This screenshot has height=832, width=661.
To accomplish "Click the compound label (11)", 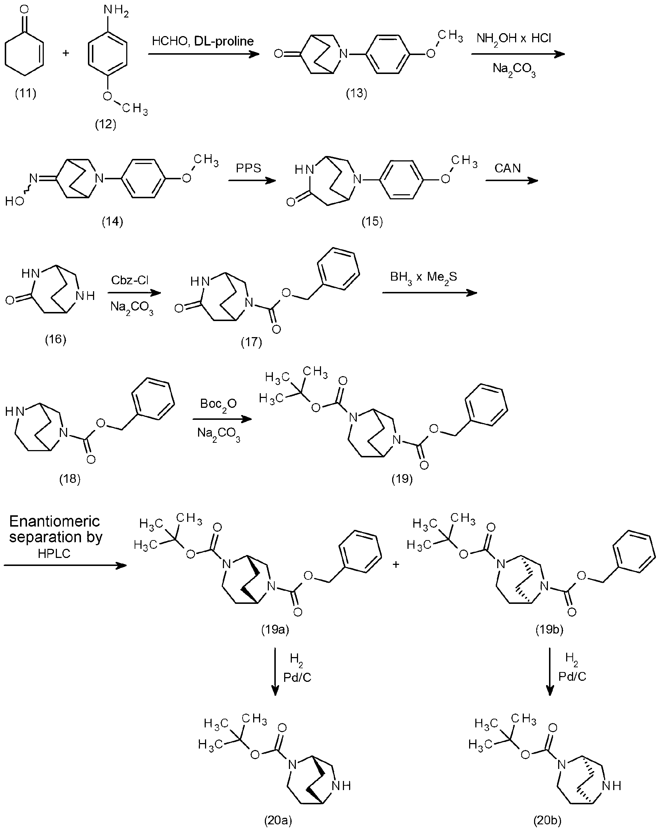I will (26, 93).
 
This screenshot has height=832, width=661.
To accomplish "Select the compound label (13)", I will (356, 93).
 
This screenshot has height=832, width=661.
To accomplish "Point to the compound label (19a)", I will (275, 630).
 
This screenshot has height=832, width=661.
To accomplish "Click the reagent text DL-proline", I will (224, 41).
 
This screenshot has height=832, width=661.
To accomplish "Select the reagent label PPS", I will (249, 168).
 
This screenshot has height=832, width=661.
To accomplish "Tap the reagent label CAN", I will (508, 168).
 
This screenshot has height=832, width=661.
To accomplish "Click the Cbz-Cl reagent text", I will (130, 280).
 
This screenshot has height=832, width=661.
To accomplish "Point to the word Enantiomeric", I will (54, 522).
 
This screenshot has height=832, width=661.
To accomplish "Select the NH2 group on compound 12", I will (116, 11).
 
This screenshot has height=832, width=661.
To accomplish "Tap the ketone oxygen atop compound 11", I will (24, 9).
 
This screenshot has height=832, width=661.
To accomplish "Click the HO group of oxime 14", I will (15, 201).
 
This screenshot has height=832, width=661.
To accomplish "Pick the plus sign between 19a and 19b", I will (395, 565).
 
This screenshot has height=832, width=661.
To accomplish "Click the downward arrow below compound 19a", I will (275, 671).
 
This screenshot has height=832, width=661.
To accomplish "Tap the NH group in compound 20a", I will (341, 785).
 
